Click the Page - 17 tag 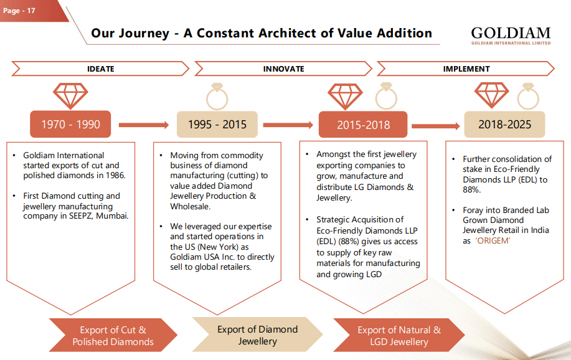(x=20, y=10)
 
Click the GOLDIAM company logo (x=511, y=35)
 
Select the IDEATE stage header (x=100, y=69)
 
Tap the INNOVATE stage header (x=283, y=69)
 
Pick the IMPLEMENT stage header (x=466, y=69)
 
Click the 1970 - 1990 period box (x=70, y=125)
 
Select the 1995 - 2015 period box (x=217, y=125)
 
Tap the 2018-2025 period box (x=504, y=125)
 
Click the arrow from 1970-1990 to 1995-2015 (x=143, y=125)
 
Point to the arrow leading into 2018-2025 (x=435, y=126)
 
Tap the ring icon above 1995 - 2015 (x=217, y=96)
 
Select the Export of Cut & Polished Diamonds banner (x=113, y=335)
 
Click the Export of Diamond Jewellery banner (x=257, y=335)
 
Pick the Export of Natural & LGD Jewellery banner (x=399, y=335)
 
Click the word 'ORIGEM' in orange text (x=493, y=240)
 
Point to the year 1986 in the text (x=114, y=175)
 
